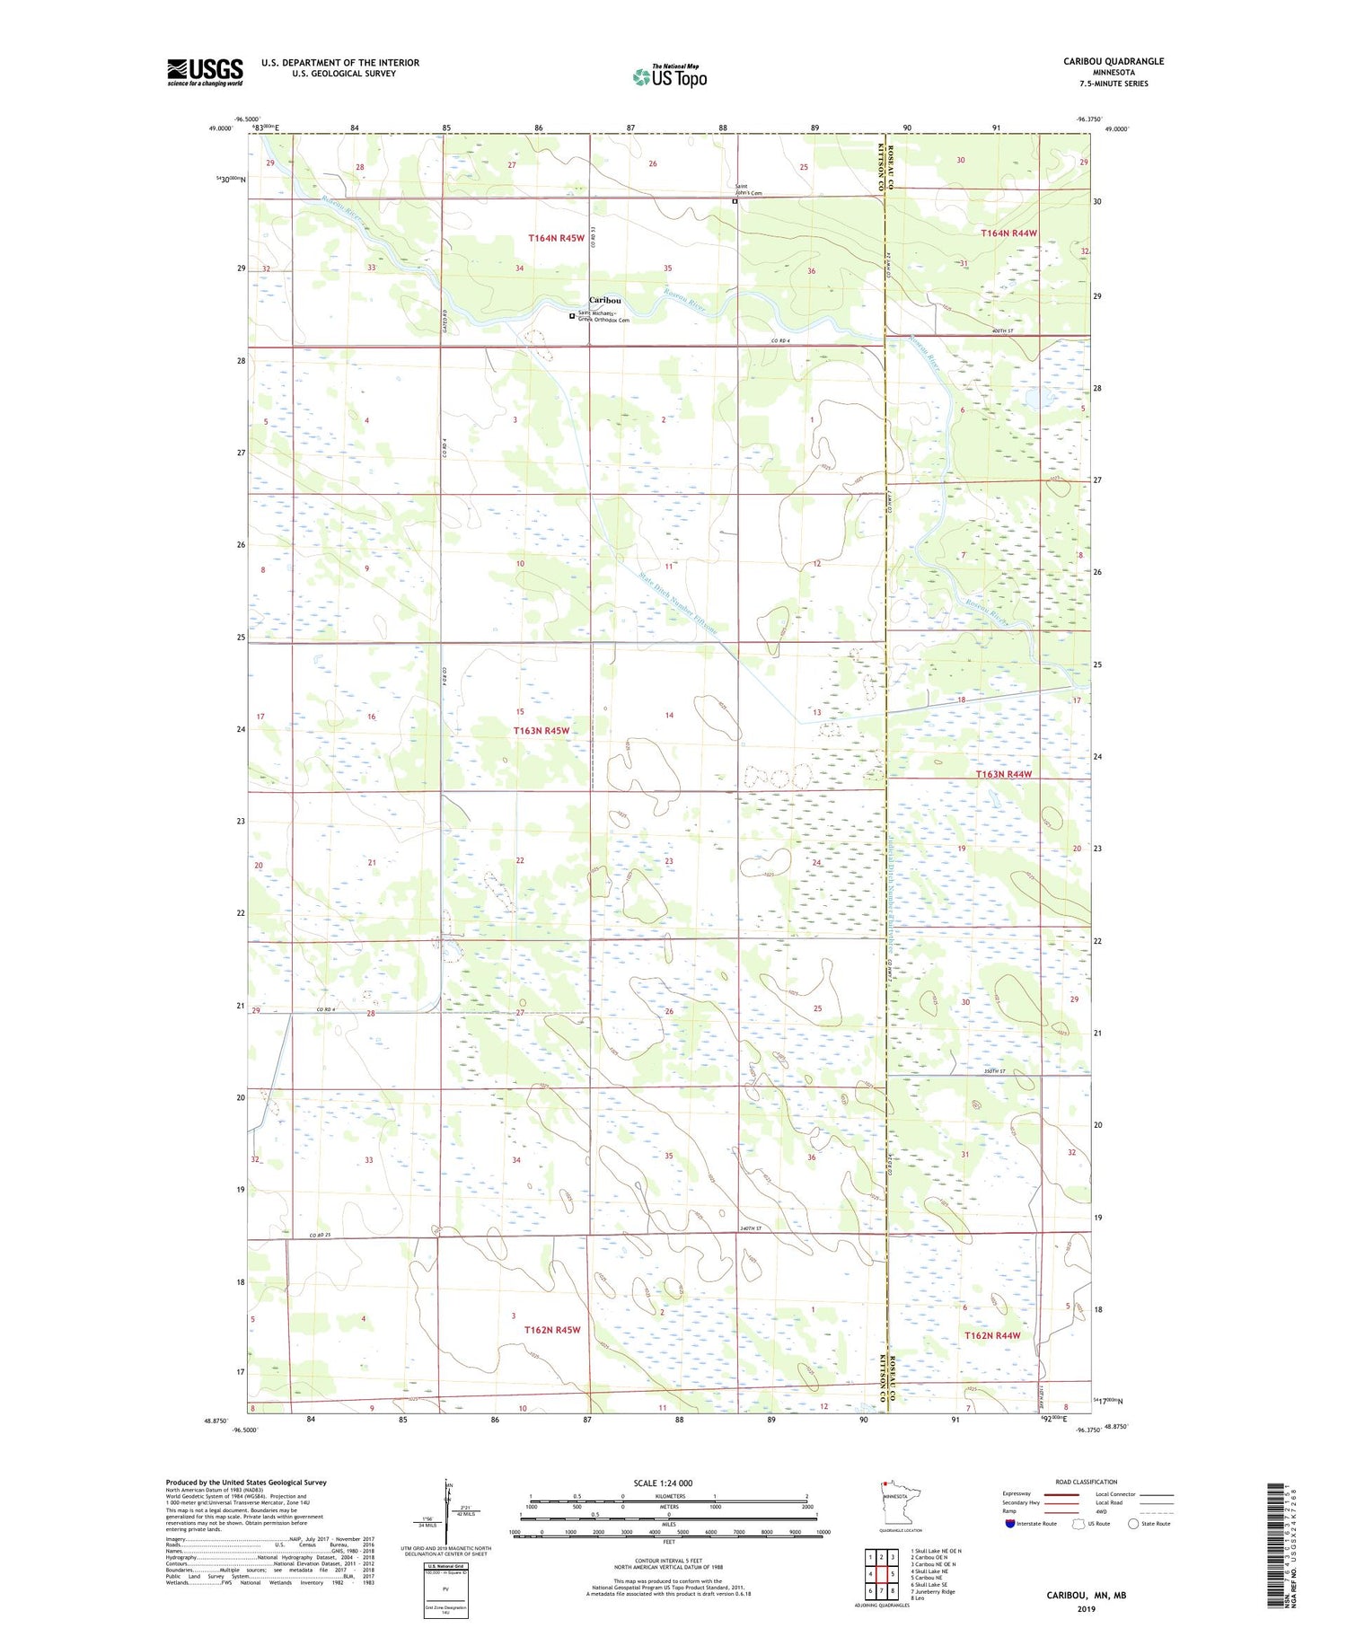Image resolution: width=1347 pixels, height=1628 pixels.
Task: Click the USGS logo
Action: (x=205, y=72)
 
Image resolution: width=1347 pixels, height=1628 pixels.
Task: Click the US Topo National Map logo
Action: (x=669, y=76)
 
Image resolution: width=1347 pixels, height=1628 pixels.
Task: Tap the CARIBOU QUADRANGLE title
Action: (x=1113, y=61)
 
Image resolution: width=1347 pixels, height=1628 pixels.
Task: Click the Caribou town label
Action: (x=604, y=300)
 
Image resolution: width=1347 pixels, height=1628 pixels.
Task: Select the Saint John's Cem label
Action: (x=748, y=189)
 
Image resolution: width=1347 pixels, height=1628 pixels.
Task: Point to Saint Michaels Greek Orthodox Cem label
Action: (x=603, y=316)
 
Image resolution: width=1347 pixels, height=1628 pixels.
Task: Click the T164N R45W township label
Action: (x=556, y=238)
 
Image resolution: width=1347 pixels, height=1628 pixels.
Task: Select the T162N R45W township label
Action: (x=552, y=1330)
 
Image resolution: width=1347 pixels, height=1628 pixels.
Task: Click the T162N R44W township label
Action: (x=992, y=1335)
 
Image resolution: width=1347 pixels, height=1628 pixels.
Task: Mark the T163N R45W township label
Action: (x=541, y=731)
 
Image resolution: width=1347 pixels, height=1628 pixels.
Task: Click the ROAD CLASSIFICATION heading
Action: (x=1087, y=1482)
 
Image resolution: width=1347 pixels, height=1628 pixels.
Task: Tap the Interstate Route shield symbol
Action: (x=1010, y=1524)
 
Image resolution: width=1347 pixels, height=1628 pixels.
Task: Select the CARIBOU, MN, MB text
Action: (x=1086, y=1595)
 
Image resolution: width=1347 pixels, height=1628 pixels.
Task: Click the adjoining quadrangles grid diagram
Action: (x=882, y=1573)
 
